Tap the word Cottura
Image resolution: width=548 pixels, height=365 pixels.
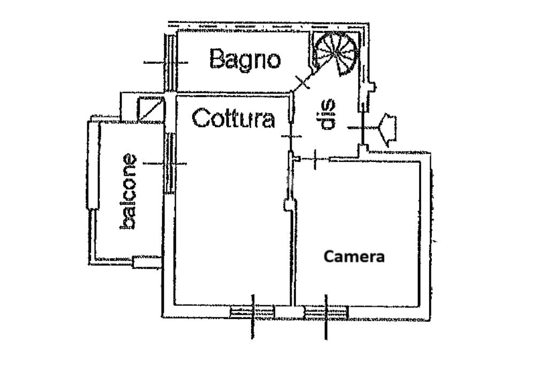(233, 118)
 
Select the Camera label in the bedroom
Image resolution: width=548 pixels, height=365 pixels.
(354, 257)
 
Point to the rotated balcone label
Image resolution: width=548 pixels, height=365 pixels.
(129, 191)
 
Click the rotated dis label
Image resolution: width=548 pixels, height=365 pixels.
(327, 114)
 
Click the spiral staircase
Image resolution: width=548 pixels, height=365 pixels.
(336, 52)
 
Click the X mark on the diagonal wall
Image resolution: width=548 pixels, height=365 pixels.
(302, 82)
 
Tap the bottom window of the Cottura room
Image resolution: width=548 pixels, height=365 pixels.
(252, 311)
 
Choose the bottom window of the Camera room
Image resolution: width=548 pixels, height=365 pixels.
(326, 311)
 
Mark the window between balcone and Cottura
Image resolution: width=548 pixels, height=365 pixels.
(170, 163)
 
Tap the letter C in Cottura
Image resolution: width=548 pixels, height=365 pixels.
(200, 118)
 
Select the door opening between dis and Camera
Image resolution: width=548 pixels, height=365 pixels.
(315, 158)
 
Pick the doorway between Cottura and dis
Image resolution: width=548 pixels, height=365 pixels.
(291, 136)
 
